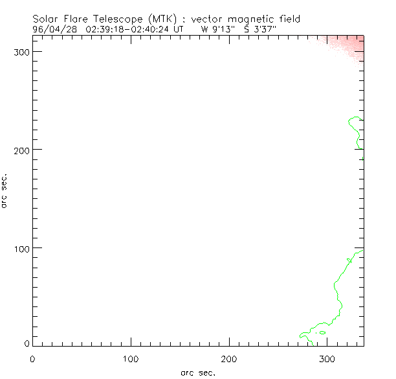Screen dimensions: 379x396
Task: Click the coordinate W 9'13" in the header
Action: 218,29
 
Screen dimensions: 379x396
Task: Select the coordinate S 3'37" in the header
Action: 259,29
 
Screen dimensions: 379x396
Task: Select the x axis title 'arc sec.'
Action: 198,373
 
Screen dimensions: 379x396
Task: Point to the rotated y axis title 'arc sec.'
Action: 5,190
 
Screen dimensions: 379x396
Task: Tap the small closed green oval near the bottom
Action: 322,332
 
